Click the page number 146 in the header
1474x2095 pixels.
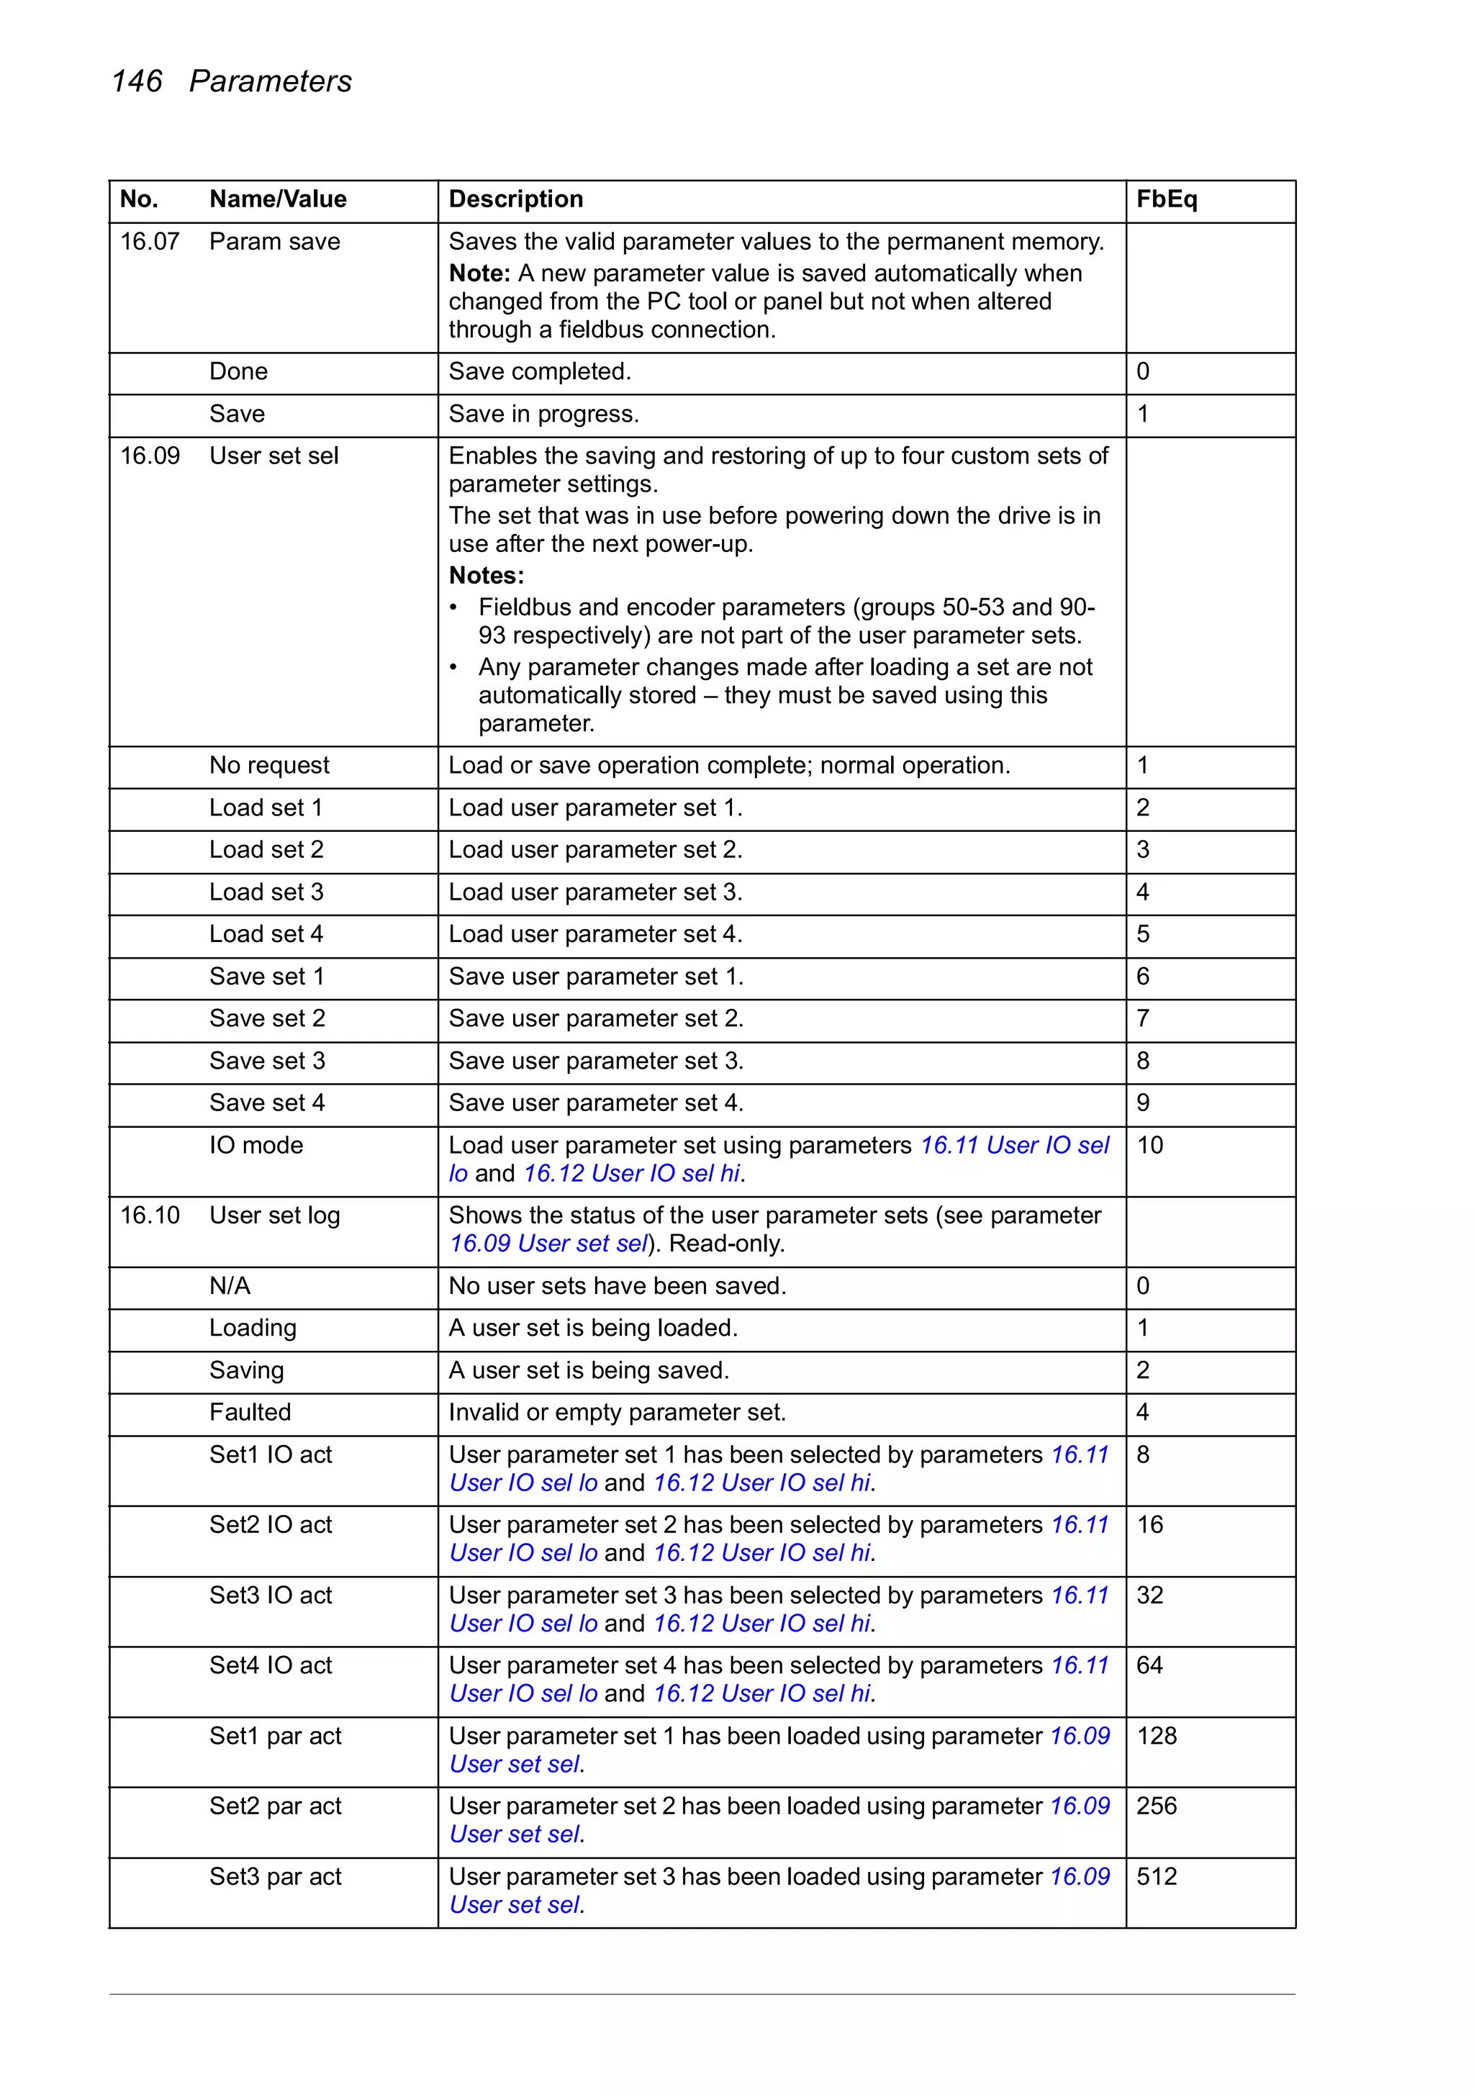tap(136, 81)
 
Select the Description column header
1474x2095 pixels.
tap(515, 199)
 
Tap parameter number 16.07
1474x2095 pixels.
tap(150, 242)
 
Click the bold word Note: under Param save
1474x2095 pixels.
tap(479, 273)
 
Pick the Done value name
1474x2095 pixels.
tap(238, 371)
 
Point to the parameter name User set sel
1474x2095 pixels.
tap(273, 456)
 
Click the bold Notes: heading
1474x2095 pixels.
tap(486, 576)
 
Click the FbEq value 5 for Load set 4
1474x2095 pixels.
tap(1143, 934)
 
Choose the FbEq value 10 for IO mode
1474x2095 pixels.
tap(1149, 1145)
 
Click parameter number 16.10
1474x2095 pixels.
tap(150, 1216)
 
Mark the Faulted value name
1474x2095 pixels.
tap(250, 1413)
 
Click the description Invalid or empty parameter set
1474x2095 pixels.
tap(616, 1413)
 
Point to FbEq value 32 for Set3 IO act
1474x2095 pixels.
tap(1149, 1595)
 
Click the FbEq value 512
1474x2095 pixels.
tap(1157, 1877)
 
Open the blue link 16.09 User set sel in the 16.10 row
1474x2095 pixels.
tap(548, 1244)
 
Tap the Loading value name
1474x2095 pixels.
tap(253, 1328)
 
